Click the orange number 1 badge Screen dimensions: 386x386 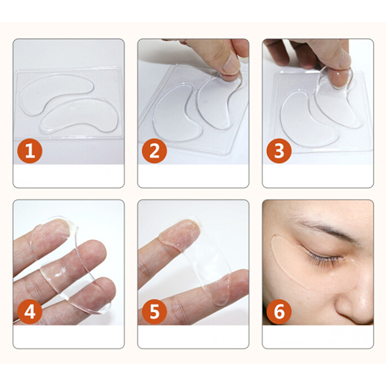(30, 151)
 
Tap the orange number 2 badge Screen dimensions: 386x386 (154, 151)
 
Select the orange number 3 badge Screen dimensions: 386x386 (279, 151)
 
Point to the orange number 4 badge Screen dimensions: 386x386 (30, 312)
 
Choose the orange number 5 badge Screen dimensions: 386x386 (154, 312)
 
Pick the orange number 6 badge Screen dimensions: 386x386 (279, 312)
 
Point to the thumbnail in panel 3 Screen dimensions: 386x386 (344, 60)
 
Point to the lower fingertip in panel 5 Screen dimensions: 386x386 (236, 283)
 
